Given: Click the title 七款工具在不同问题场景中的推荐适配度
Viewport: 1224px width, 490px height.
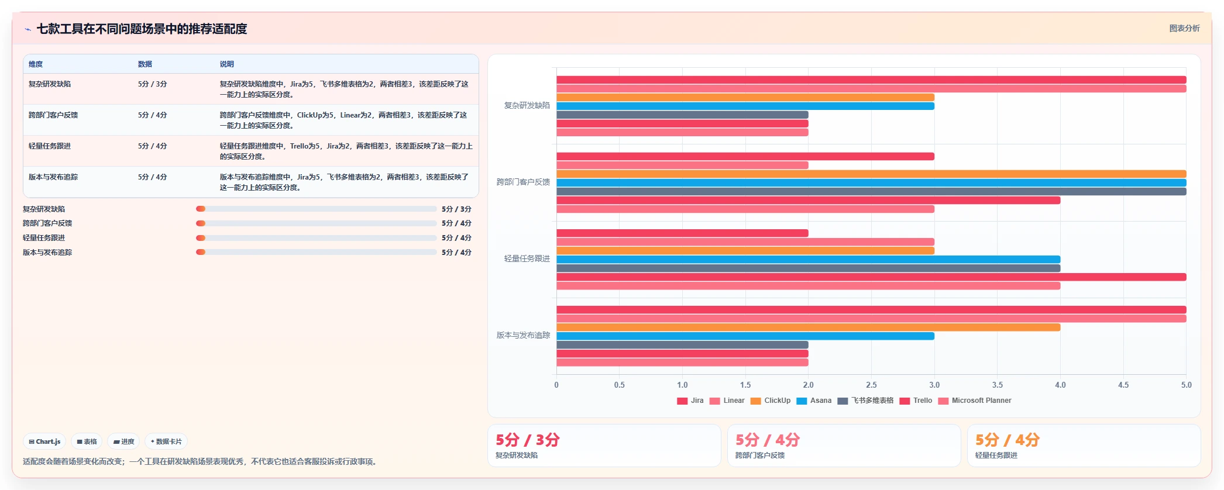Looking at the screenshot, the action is (142, 29).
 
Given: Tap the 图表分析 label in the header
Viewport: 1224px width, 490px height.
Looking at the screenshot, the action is (1184, 28).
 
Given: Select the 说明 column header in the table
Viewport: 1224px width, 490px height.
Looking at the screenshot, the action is (226, 64).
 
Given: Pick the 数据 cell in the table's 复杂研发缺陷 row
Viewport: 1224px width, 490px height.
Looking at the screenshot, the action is (152, 84).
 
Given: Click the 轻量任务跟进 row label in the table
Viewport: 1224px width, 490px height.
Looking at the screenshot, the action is (50, 146).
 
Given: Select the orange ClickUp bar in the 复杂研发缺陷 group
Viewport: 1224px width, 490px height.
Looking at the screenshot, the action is (745, 98).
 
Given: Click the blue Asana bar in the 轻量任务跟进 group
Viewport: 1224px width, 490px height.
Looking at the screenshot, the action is (808, 260).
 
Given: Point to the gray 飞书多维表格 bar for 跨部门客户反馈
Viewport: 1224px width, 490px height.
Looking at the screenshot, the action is (871, 192).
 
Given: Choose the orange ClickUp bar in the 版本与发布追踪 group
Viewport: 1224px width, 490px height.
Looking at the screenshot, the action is (808, 327).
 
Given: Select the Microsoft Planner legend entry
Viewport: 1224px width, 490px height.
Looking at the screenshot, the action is (975, 401).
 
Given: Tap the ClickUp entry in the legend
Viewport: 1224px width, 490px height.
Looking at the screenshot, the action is (771, 401).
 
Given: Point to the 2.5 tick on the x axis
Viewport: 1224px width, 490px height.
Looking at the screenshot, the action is (871, 385).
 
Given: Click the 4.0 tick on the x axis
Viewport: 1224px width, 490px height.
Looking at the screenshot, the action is (1060, 385).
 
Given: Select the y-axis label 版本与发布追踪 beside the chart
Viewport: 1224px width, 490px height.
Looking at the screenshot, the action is (523, 336).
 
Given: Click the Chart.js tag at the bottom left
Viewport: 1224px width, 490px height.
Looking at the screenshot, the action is (44, 441).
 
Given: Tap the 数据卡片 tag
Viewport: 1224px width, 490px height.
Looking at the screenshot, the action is (166, 441).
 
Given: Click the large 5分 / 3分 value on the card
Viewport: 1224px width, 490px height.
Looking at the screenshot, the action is (528, 440).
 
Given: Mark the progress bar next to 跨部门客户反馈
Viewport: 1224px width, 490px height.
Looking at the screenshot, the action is (316, 223).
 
